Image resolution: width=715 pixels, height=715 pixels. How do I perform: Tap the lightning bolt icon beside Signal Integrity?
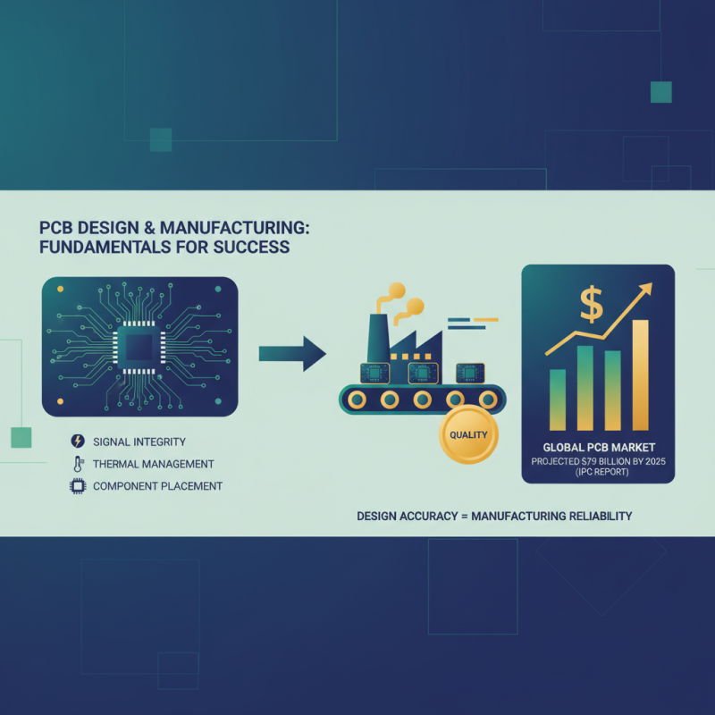click(x=77, y=442)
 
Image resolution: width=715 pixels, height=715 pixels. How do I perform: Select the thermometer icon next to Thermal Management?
click(x=77, y=464)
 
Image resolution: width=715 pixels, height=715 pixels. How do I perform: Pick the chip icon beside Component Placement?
click(x=77, y=487)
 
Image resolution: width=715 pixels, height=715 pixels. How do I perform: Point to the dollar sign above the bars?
click(x=592, y=305)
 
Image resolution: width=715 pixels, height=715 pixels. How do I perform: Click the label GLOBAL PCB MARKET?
click(x=599, y=446)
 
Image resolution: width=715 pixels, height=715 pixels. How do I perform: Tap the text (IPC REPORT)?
click(x=598, y=473)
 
